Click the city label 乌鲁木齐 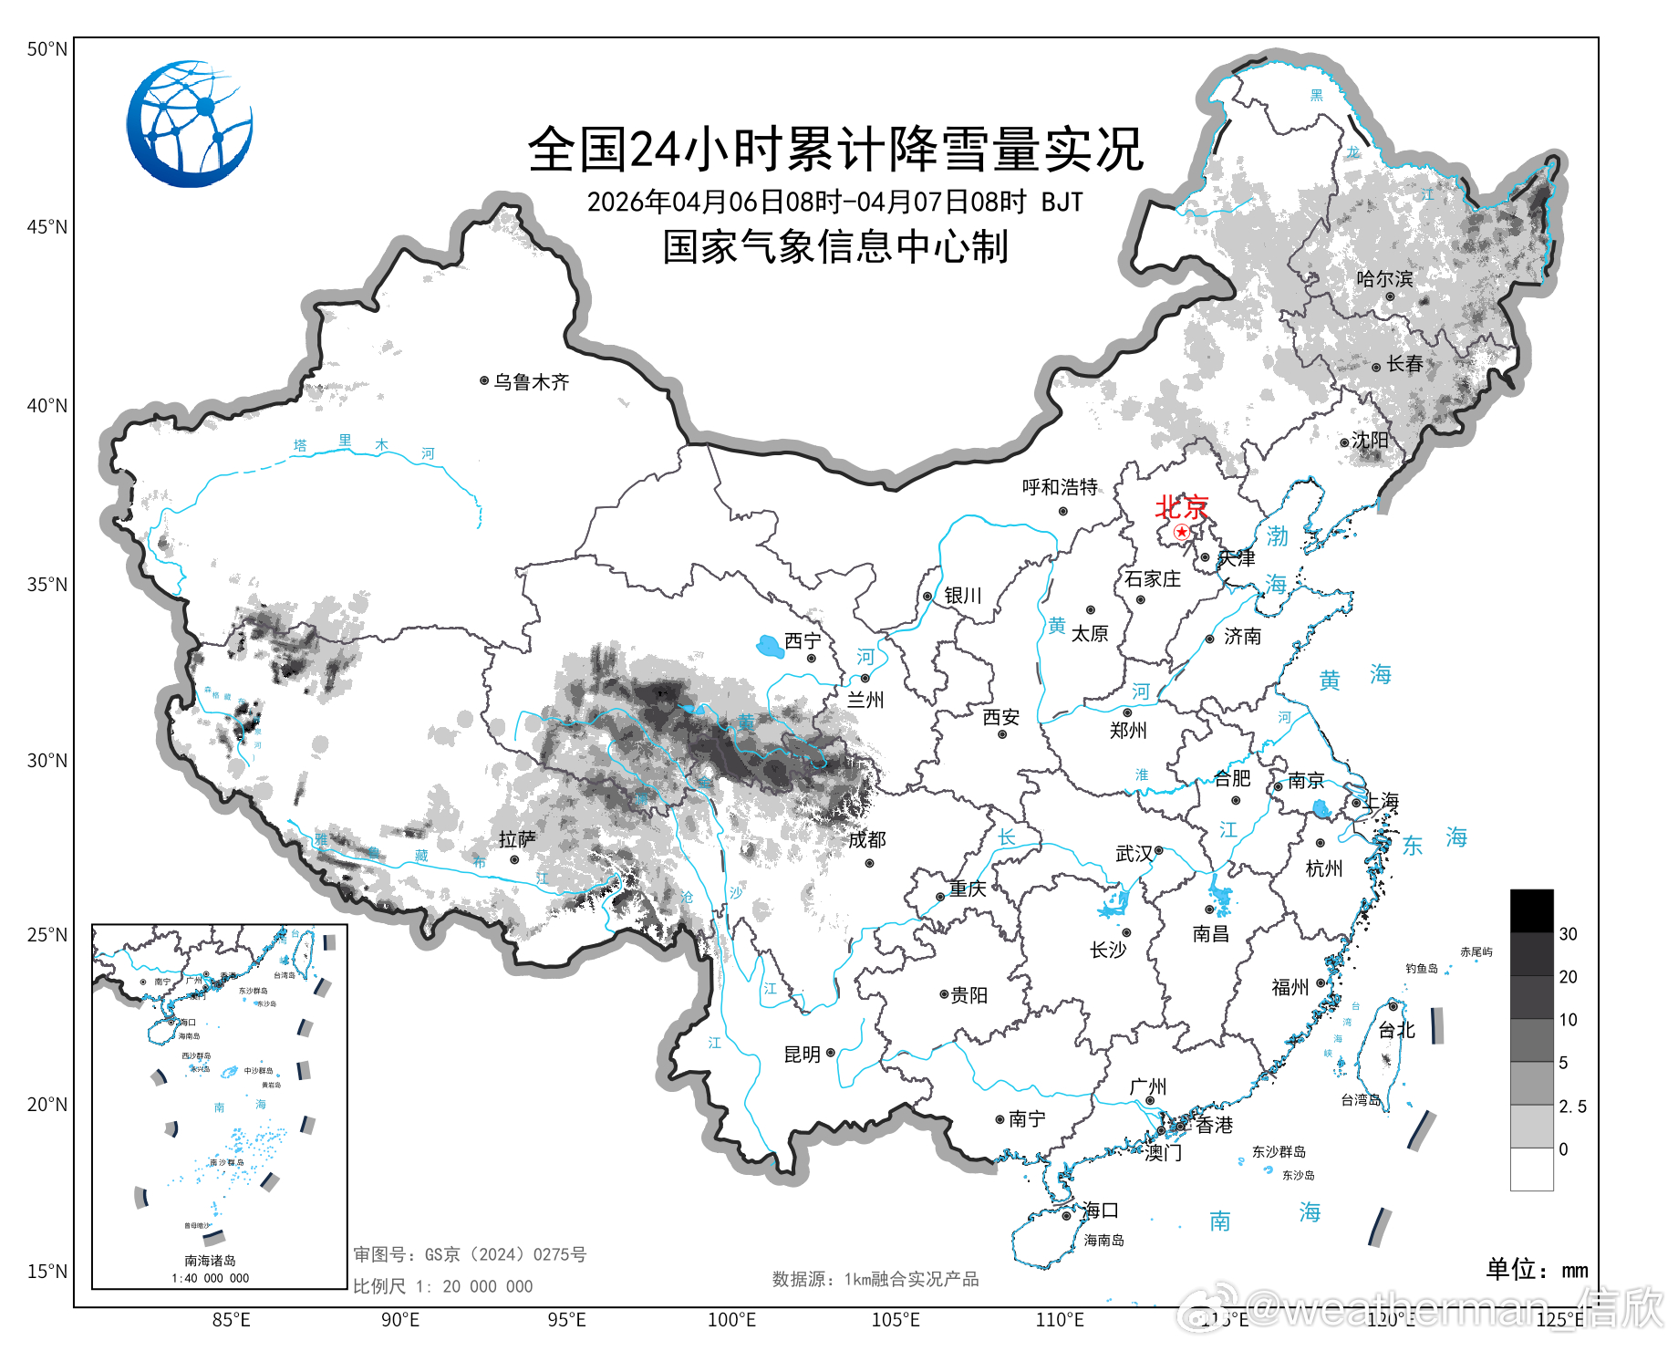click(532, 382)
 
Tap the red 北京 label click(1182, 506)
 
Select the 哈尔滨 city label click(1384, 279)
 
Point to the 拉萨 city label click(517, 839)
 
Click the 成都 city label click(866, 840)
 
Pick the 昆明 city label click(803, 1055)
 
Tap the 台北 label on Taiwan click(1396, 1030)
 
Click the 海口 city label click(1100, 1211)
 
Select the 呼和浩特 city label click(1060, 487)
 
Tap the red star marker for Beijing click(1182, 531)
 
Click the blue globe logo click(190, 124)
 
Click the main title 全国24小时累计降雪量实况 click(834, 150)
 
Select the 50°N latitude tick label click(47, 49)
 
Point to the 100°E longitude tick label click(731, 1320)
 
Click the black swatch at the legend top click(1531, 910)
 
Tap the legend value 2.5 click(1572, 1107)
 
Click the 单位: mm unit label click(1537, 1269)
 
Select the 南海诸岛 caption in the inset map click(210, 1261)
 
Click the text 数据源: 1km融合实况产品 click(875, 1280)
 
